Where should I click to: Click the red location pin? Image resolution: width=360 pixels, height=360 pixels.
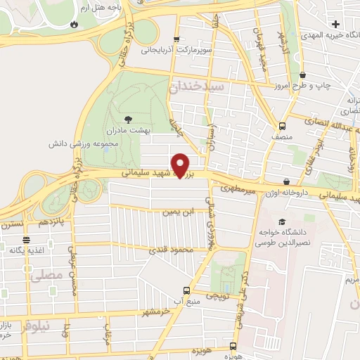point(181,165)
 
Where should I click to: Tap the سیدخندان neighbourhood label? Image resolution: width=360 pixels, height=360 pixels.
point(195,86)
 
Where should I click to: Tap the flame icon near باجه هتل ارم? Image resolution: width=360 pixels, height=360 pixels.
point(75,23)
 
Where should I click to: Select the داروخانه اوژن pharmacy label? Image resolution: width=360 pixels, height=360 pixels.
point(287,191)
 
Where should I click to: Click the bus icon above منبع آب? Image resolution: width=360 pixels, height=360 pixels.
point(186,290)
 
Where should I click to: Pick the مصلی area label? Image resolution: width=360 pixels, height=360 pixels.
point(43,278)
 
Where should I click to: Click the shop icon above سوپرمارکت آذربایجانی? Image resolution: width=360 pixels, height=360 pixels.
point(175,39)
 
